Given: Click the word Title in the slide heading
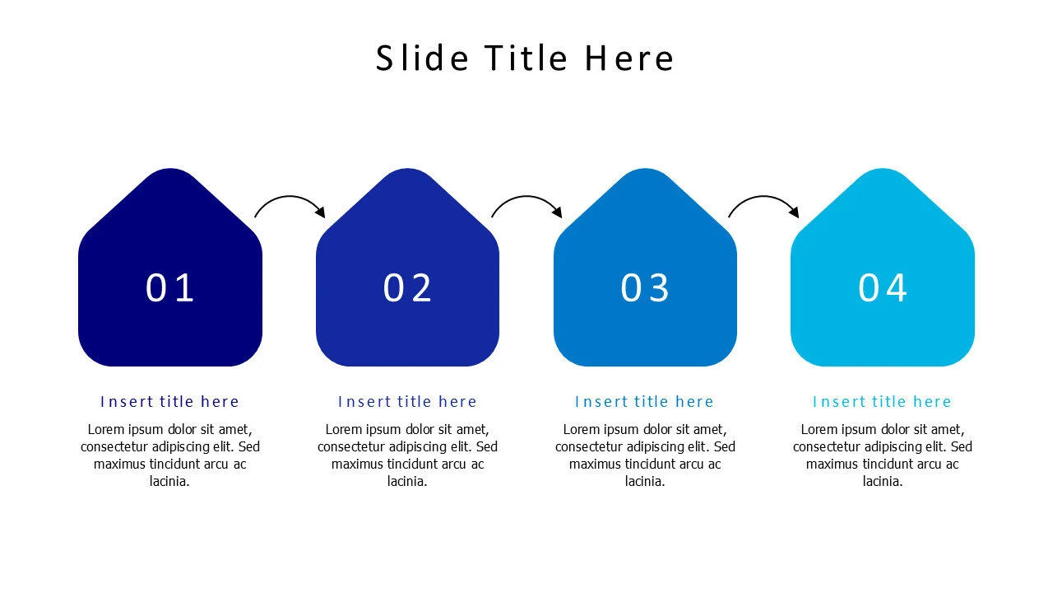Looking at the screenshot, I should tap(526, 58).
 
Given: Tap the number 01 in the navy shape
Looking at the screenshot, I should tap(170, 288).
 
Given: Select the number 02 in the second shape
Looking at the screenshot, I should tap(408, 288).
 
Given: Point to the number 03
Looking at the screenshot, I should tap(645, 288).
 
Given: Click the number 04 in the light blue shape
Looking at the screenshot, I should tap(883, 288).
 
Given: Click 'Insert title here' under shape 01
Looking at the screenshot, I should tap(170, 402).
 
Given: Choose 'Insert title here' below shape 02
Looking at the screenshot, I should tap(408, 402).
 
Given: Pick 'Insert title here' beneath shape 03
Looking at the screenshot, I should tap(645, 402).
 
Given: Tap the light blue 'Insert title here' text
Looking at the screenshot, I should tap(883, 402).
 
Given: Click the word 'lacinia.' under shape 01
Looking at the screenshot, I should tap(170, 482).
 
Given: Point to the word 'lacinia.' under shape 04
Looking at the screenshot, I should tap(883, 482).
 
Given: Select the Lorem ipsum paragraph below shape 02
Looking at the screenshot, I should tap(408, 455).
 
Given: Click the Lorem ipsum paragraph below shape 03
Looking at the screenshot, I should tap(645, 455).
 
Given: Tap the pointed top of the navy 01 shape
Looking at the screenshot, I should tap(170, 175).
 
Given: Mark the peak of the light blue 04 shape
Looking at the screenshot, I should tap(883, 175).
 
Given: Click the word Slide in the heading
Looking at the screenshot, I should tap(422, 58).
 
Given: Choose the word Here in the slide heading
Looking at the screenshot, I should tap(629, 58).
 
